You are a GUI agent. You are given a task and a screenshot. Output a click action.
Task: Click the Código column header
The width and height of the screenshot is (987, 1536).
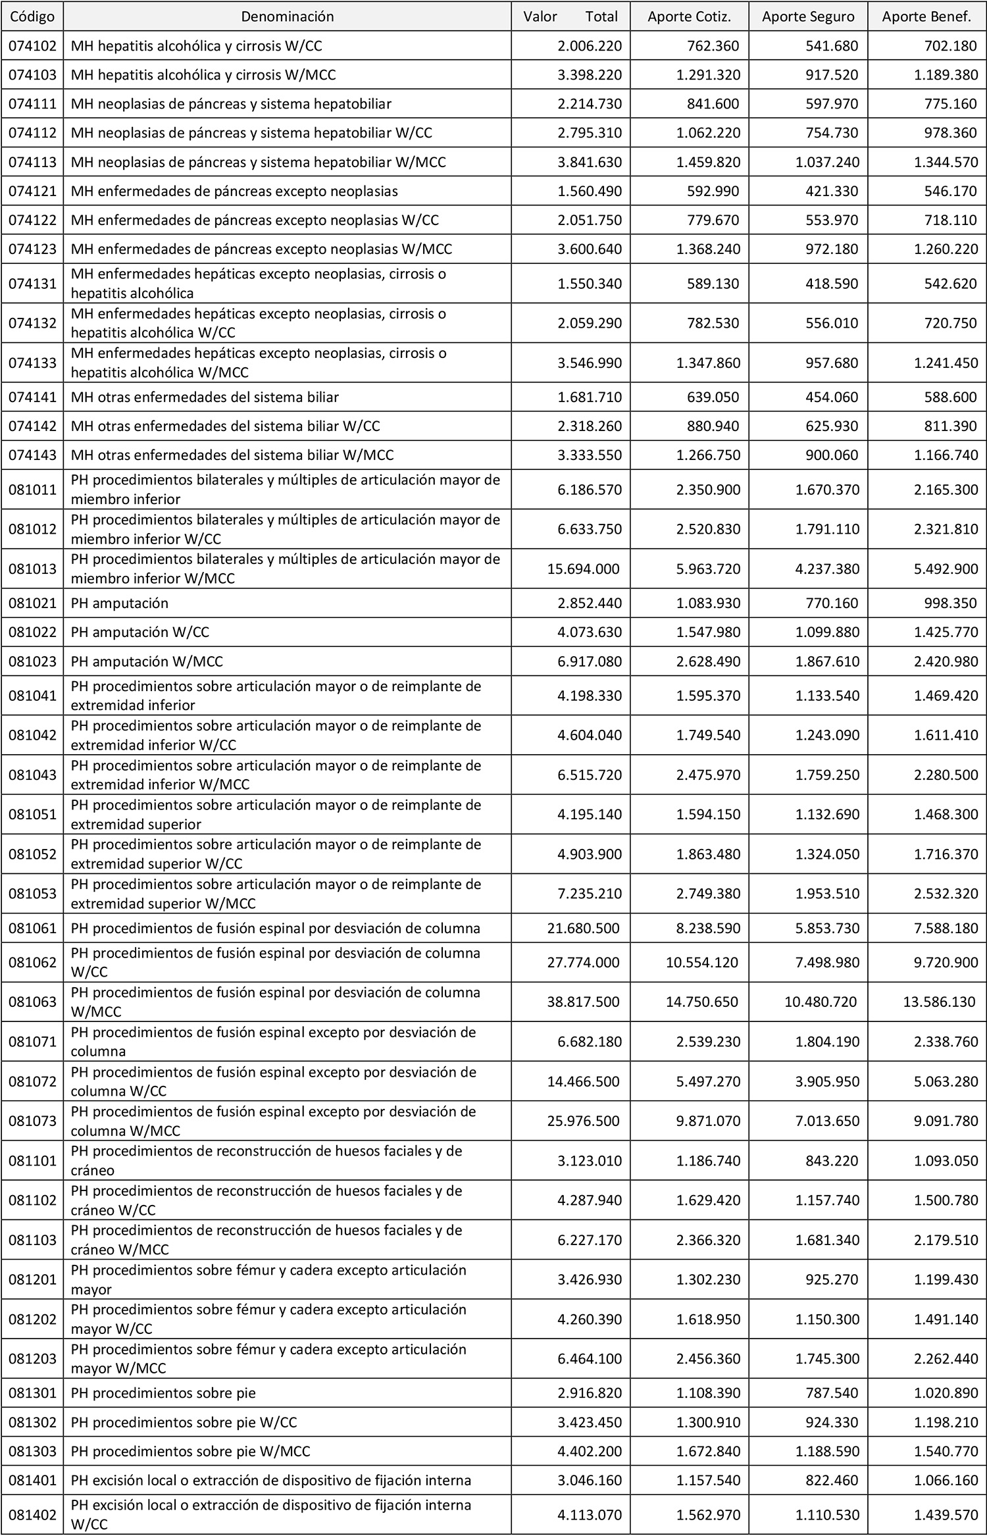[32, 16]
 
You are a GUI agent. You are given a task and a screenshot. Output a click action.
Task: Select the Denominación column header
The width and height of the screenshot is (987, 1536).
[288, 16]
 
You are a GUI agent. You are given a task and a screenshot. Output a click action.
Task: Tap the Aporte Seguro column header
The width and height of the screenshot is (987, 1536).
[808, 16]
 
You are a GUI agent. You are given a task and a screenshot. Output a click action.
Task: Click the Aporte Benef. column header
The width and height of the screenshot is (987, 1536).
[927, 16]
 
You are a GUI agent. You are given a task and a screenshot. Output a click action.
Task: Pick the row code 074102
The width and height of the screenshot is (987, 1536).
[32, 46]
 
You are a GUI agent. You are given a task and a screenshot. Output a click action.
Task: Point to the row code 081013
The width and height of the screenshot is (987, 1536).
[32, 569]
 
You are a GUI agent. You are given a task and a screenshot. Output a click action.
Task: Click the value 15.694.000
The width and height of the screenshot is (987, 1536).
[583, 569]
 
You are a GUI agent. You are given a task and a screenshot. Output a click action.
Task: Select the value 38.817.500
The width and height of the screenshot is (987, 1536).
[583, 1002]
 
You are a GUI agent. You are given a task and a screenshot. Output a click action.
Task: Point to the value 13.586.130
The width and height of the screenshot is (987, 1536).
[939, 1002]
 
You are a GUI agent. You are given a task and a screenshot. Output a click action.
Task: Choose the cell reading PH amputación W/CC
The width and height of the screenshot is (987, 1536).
[140, 632]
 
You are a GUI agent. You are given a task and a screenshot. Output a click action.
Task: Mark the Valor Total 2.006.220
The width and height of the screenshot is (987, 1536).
[589, 46]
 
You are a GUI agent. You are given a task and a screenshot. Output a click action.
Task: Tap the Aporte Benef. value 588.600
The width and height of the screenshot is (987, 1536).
[951, 397]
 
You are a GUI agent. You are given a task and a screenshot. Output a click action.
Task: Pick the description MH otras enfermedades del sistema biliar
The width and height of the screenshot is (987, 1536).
[205, 397]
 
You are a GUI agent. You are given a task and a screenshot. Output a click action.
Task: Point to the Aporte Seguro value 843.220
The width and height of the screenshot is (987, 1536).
[832, 1160]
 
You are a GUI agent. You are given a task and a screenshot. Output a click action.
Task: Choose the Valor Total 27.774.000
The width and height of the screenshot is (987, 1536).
[583, 962]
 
